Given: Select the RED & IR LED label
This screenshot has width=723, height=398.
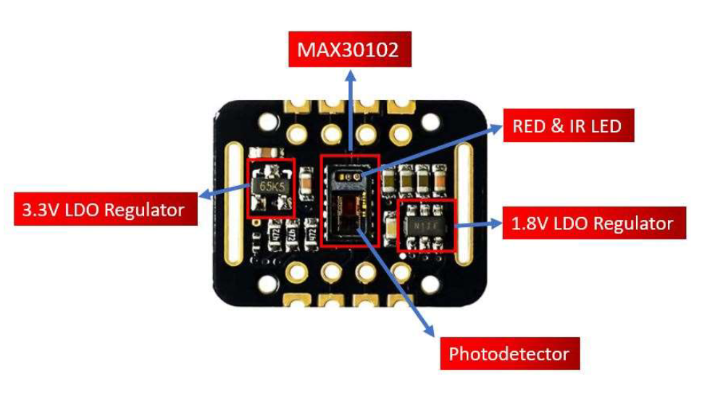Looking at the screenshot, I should point(567,127).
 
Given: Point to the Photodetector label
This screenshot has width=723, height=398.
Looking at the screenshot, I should point(509,355).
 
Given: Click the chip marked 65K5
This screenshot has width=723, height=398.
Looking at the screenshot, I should point(271,187).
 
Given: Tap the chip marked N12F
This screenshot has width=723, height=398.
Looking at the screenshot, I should point(427,225).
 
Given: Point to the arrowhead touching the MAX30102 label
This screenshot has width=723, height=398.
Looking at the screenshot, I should point(349,73).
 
